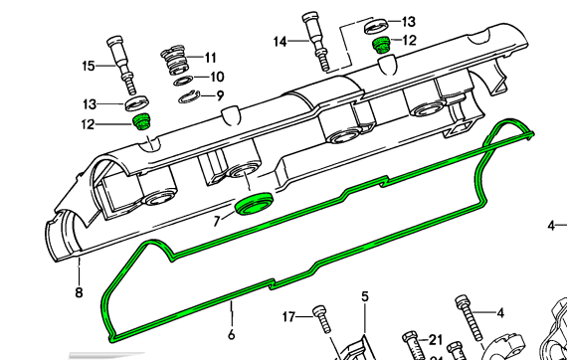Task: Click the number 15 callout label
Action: click(x=89, y=67)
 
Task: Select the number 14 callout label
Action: click(x=281, y=42)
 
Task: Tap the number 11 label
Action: click(x=210, y=58)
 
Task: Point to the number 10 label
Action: click(x=217, y=77)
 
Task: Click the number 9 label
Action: click(x=220, y=95)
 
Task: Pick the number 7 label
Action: click(x=217, y=221)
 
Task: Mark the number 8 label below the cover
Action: click(x=79, y=292)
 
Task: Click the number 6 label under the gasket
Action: click(x=232, y=334)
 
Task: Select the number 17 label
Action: click(x=288, y=317)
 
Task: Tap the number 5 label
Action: click(x=365, y=296)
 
